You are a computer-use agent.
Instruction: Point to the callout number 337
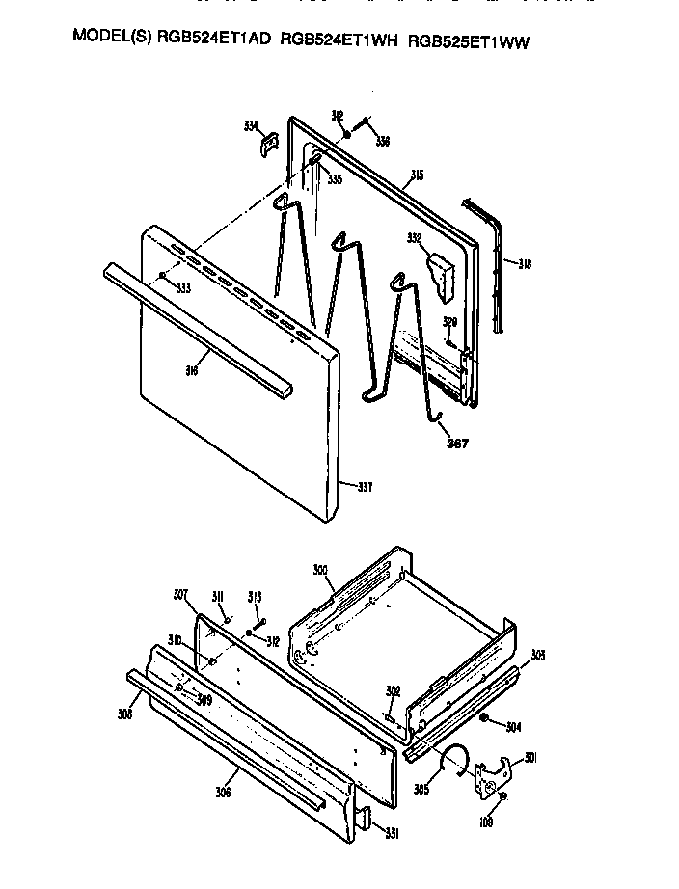tap(365, 487)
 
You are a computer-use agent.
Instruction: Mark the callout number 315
tap(417, 175)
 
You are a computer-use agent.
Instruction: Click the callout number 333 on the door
tap(182, 288)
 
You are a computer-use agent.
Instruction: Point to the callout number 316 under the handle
tap(193, 369)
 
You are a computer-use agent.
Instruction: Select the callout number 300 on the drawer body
tap(321, 571)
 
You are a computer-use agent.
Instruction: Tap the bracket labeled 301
tap(495, 774)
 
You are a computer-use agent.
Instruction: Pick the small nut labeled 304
tap(483, 719)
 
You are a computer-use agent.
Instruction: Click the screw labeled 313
tap(258, 613)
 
